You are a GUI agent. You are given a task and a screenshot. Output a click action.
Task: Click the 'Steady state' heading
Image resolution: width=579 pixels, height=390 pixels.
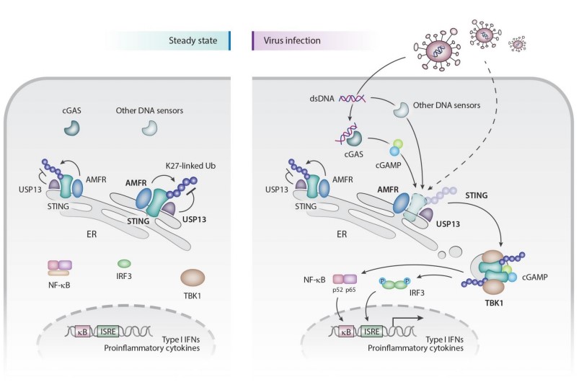point(198,41)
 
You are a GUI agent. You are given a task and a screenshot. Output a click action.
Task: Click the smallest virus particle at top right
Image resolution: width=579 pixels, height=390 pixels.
point(517,45)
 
